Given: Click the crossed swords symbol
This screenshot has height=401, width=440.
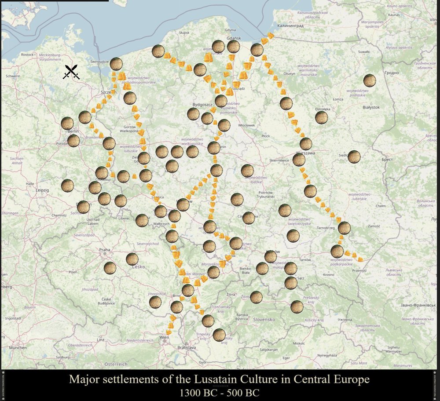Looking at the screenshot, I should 71,72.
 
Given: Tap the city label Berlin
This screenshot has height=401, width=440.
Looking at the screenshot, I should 73,131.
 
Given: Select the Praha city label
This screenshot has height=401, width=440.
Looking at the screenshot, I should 104,250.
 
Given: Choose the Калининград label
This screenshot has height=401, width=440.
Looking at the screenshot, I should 291,26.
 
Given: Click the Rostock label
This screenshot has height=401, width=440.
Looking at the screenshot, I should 27,55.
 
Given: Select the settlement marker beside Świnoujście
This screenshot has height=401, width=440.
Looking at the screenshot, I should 116,64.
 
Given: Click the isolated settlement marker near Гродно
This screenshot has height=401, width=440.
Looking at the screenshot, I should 370,80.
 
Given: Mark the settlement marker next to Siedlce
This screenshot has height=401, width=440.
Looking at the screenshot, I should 354,157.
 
